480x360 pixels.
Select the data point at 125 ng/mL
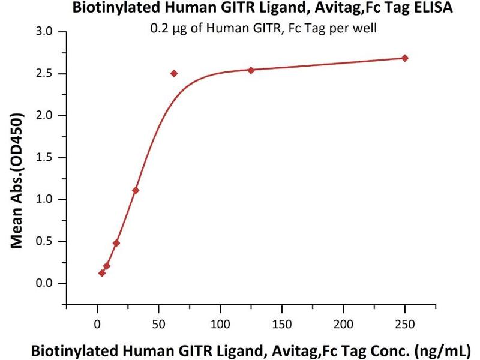click(x=251, y=70)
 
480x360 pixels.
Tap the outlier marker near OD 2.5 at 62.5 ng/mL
click(x=174, y=74)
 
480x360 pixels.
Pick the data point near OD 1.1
click(x=136, y=190)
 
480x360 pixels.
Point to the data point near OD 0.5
click(x=116, y=243)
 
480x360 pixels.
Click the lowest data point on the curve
click(x=102, y=273)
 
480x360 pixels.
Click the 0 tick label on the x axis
click(x=97, y=325)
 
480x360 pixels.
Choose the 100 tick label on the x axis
click(x=220, y=325)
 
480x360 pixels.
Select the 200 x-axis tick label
click(x=343, y=325)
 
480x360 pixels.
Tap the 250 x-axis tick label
click(x=405, y=325)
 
